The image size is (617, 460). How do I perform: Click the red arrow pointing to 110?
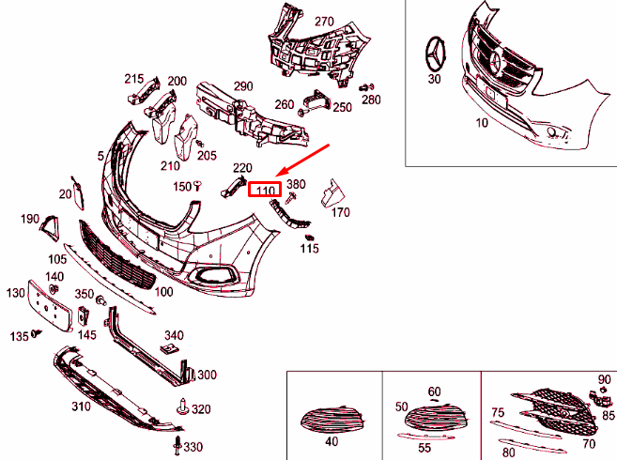tap(306, 162)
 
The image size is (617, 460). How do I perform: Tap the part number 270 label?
tap(324, 21)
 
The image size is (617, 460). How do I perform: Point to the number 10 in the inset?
tap(482, 123)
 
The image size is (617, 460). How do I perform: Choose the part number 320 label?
tap(201, 409)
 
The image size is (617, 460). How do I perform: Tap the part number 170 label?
tap(340, 213)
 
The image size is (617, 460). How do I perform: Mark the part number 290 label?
tap(243, 86)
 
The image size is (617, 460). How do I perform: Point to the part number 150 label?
tap(182, 186)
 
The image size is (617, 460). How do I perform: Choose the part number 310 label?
tap(80, 406)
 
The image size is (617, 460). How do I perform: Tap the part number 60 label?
tap(434, 391)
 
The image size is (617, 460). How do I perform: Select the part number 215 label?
tap(133, 79)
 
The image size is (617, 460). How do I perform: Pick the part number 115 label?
tap(310, 249)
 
